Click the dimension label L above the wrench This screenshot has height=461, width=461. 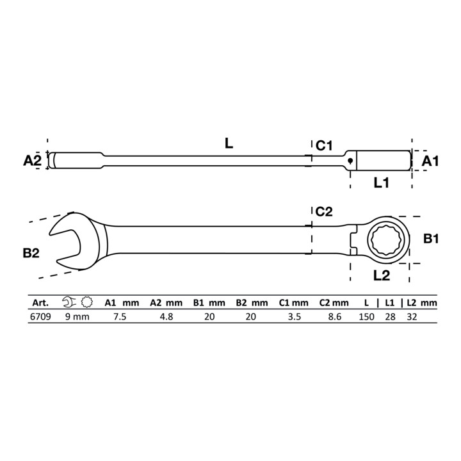(x=229, y=143)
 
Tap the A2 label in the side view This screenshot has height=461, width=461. (x=33, y=160)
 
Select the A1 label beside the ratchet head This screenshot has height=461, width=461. (x=430, y=161)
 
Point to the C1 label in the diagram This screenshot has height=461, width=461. (x=324, y=145)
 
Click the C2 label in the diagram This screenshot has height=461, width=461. (x=324, y=212)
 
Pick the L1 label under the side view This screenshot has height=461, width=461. (x=382, y=183)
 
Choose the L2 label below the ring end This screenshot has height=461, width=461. (x=382, y=275)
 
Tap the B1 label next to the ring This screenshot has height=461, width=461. (x=431, y=239)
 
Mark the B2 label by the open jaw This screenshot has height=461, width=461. (x=31, y=253)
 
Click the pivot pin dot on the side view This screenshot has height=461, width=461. (x=350, y=161)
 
